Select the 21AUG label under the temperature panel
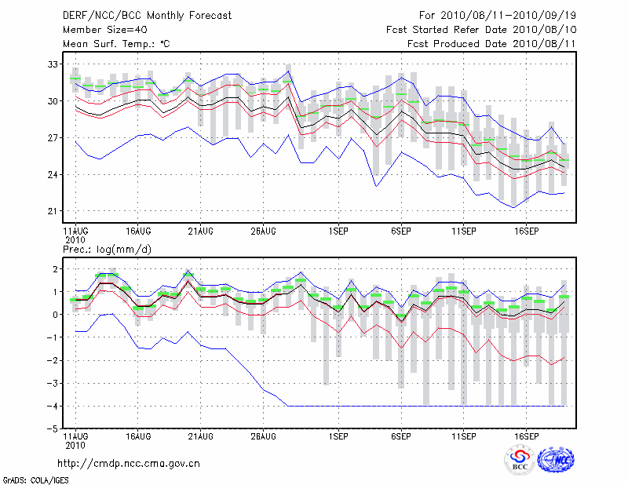click(x=200, y=232)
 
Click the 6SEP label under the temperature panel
click(x=401, y=232)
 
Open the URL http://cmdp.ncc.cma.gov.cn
click(x=129, y=463)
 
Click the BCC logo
click(x=520, y=461)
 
